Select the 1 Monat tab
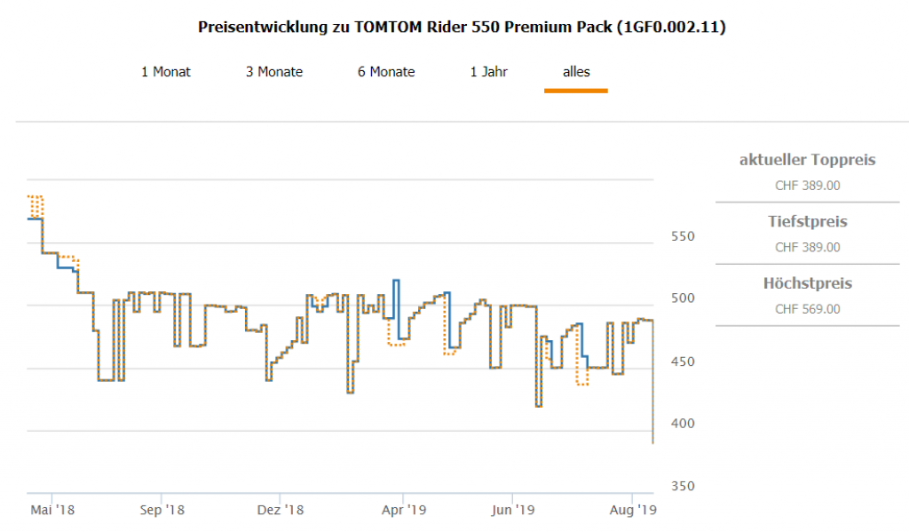pos(166,72)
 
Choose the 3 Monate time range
pos(274,72)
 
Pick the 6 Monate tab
pos(386,72)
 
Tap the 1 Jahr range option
pos(489,72)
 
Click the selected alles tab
pos(576,72)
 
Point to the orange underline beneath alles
pos(576,91)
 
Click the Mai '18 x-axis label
pos(52,510)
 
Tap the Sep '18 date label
pos(162,510)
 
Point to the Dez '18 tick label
pos(281,510)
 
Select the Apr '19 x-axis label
pos(404,510)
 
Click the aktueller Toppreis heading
pos(808,161)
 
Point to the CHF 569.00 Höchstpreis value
pos(808,309)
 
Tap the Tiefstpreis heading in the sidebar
pos(808,222)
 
